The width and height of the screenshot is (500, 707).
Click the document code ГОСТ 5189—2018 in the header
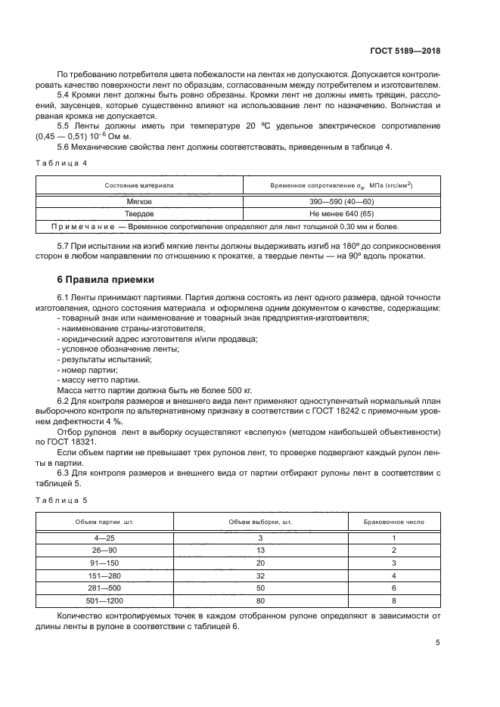(405, 51)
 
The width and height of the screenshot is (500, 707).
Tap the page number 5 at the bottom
(438, 643)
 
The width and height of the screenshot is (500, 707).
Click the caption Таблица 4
(62, 163)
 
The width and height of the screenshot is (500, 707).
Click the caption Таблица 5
(62, 500)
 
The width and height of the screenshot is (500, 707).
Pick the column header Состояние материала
(139, 185)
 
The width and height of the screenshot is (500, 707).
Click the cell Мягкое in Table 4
(139, 202)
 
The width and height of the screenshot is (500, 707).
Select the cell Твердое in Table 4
(139, 214)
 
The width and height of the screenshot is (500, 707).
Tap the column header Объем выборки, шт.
(260, 522)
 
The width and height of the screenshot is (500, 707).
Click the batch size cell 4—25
(104, 538)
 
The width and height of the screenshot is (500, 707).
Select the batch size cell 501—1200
(104, 600)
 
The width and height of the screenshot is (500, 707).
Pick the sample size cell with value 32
(260, 575)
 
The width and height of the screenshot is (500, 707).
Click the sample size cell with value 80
(260, 600)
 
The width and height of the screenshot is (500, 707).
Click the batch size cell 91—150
(104, 563)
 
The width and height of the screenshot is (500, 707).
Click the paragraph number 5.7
(64, 246)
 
